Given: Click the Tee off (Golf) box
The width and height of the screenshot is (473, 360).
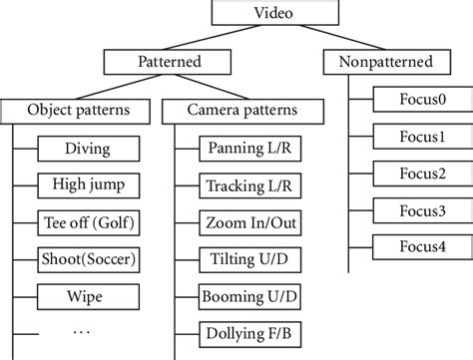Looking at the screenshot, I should coord(88,222).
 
